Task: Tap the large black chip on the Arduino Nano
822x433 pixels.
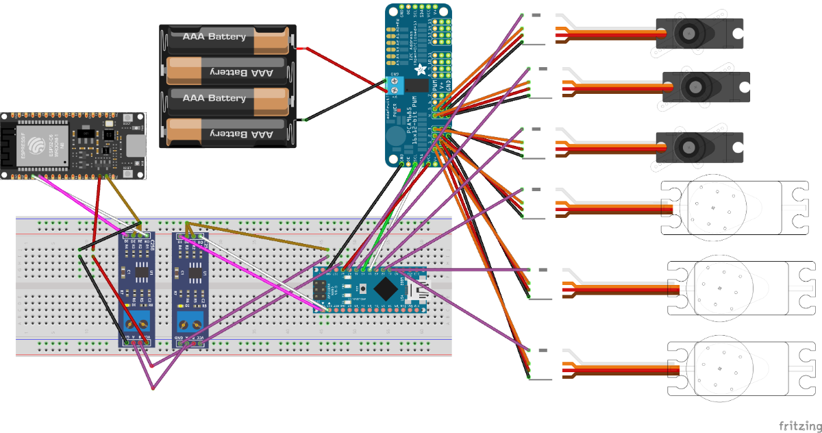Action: (386, 288)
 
